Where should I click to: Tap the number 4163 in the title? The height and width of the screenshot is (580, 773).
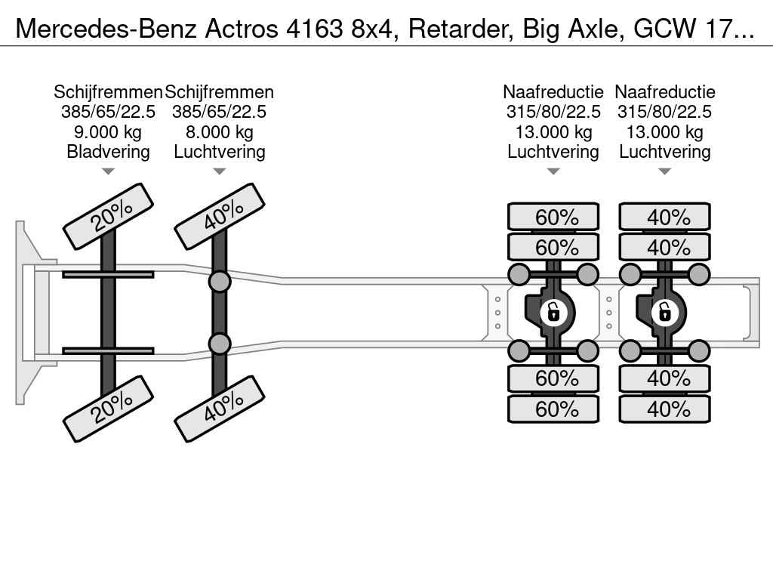[x=314, y=29]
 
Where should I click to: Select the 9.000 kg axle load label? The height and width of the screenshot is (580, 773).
[x=108, y=131]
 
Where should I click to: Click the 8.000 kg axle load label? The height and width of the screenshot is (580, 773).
[x=220, y=131]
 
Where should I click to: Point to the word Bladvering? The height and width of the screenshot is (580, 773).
[x=108, y=151]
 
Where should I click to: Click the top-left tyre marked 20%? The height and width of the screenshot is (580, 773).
[x=109, y=217]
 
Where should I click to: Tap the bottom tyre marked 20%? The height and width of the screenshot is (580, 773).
[x=109, y=409]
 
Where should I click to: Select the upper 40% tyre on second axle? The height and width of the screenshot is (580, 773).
[x=220, y=217]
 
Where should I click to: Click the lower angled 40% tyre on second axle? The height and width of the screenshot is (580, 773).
[x=220, y=409]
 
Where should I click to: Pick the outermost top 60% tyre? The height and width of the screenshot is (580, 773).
[x=553, y=217]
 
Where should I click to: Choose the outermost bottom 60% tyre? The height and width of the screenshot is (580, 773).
[x=553, y=409]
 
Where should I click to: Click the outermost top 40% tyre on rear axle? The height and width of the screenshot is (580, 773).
[x=665, y=217]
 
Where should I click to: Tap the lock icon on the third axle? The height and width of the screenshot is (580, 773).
[x=553, y=313]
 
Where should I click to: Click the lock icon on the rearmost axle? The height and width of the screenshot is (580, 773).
[x=665, y=313]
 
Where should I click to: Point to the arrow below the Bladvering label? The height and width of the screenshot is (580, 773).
[x=108, y=171]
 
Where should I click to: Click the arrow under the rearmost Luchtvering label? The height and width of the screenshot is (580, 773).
[x=665, y=171]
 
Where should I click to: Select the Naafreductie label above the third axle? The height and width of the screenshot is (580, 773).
[x=553, y=91]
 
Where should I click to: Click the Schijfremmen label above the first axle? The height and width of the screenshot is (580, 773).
[x=108, y=91]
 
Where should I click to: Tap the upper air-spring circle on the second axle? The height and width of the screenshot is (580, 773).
[x=220, y=282]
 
